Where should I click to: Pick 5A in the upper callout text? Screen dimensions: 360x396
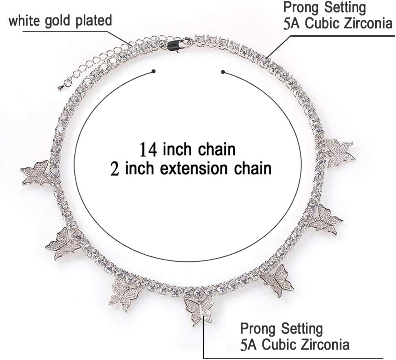pyautogui.click(x=292, y=23)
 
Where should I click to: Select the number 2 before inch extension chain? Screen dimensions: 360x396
pyautogui.click(x=115, y=168)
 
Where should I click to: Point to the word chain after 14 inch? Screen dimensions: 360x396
pyautogui.click(x=216, y=150)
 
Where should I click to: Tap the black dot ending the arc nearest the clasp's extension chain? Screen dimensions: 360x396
pyautogui.click(x=154, y=72)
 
